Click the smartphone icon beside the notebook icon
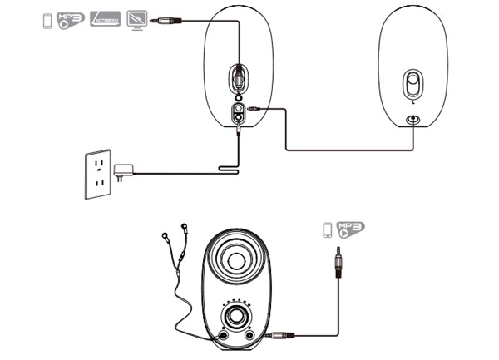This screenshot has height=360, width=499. (x=47, y=20)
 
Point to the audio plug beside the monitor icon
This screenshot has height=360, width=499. (x=170, y=18)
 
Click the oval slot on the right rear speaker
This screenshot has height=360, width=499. (x=412, y=86)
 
